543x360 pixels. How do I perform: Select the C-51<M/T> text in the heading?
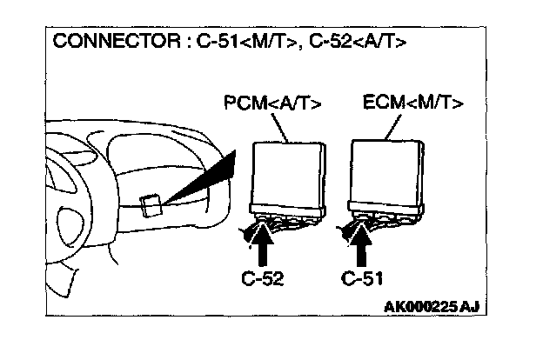[237, 42]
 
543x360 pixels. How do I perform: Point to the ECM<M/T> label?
[412, 105]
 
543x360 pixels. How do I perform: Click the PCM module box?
[287, 173]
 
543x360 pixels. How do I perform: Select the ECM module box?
[387, 173]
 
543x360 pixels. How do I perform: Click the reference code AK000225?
[417, 306]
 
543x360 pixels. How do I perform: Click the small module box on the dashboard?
[149, 203]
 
